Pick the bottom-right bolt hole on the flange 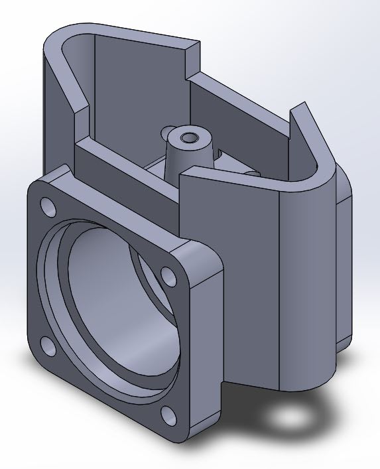click(x=168, y=415)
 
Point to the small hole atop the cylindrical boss click(x=191, y=138)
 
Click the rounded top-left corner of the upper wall click(x=60, y=38)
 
